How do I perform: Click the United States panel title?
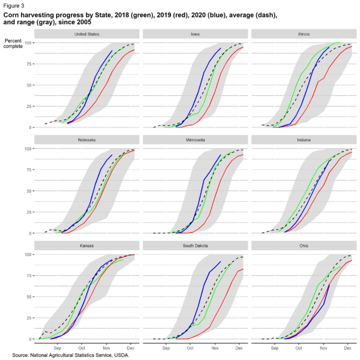86,34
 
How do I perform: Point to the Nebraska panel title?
86,140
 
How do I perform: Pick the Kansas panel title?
86,246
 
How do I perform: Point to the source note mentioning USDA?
71,355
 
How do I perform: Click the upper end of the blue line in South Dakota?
220,262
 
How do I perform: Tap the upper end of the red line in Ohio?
352,260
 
